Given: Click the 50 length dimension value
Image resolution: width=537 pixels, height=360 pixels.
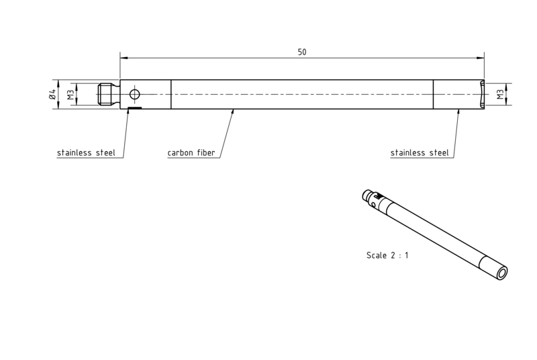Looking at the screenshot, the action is point(301,52).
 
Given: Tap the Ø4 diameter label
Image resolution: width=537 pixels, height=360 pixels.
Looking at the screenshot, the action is point(52,94).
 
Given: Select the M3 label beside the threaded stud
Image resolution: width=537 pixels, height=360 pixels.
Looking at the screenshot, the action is point(70,95).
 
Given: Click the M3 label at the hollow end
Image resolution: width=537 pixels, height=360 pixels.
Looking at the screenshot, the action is point(500,95).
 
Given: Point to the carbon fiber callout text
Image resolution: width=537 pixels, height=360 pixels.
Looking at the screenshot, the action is point(191,152).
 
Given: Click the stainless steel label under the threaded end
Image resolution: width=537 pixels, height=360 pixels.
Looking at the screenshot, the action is point(86,152).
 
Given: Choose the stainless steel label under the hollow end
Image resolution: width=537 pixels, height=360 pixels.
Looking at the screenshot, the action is point(419,152).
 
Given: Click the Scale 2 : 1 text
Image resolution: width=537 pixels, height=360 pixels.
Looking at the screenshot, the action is point(387,255).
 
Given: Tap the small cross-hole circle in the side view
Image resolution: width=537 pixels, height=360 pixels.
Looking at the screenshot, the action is point(135,94).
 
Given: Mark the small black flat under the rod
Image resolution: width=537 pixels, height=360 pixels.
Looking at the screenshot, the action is point(135,108).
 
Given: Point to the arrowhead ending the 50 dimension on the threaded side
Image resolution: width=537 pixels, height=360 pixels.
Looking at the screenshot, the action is point(124,58).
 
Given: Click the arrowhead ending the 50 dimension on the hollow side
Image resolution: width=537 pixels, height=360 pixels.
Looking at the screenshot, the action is point(481,58).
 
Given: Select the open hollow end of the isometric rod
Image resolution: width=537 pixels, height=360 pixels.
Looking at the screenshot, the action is point(502,273).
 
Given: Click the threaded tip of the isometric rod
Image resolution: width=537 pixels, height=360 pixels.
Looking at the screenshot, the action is point(366,195).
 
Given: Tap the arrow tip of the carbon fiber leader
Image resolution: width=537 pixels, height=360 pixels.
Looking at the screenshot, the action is point(233,109).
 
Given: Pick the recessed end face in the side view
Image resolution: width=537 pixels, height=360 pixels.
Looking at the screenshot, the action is point(481,94).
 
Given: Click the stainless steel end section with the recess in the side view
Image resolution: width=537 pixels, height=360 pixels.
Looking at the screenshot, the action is point(459,94).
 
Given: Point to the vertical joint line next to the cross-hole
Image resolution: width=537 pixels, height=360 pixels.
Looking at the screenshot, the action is point(171,94).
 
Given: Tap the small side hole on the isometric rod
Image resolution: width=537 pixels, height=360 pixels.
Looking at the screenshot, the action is point(373,204).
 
